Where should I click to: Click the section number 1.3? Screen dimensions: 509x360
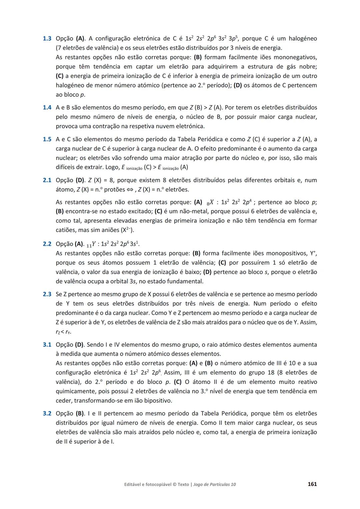pos(47,39)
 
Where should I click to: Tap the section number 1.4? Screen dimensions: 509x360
pos(47,108)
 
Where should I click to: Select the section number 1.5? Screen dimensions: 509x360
pos(47,139)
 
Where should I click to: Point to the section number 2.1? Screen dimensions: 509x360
pos(47,180)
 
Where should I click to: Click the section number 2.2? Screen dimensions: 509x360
pos(47,244)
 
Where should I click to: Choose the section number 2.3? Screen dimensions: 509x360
pos(47,294)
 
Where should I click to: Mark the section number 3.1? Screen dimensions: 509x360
pos(47,345)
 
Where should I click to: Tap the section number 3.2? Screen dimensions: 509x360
pos(47,414)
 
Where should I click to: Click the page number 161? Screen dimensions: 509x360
pos(312,484)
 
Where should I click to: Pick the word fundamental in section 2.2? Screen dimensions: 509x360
pos(184,281)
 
